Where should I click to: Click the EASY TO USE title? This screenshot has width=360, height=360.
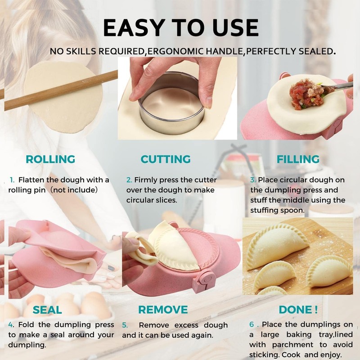click(180, 27)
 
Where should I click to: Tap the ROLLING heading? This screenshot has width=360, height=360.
click(50, 159)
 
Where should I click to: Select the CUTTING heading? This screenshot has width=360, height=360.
click(166, 159)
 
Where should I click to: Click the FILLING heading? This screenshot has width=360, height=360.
click(298, 159)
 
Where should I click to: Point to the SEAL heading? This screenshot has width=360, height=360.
click(47, 310)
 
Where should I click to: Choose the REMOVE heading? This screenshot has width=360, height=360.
click(163, 310)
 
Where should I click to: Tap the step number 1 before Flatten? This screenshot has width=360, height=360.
click(12, 180)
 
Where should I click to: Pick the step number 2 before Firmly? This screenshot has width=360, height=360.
click(129, 180)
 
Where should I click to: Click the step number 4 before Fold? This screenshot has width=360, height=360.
click(11, 325)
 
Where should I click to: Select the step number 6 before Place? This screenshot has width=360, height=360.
click(252, 324)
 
